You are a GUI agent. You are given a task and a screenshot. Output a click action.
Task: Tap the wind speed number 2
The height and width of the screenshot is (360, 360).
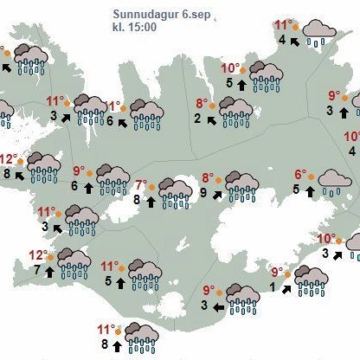[x=198, y=118]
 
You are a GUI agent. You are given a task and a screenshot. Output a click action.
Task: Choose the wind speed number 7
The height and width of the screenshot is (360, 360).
[x=37, y=271]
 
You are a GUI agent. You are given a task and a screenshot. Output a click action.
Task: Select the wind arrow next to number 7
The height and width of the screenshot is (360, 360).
[x=49, y=271]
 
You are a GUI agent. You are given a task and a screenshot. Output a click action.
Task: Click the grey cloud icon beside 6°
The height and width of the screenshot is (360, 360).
[x=333, y=180]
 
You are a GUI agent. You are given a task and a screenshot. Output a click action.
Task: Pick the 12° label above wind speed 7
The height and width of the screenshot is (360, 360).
[x=36, y=255]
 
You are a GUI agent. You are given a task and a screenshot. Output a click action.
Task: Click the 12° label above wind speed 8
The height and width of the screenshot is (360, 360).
[x=8, y=159]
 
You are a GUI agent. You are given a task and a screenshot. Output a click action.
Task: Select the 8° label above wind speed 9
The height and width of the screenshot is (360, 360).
[x=208, y=178]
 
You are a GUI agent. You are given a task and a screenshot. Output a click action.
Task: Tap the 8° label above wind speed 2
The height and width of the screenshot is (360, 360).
[x=198, y=102]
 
